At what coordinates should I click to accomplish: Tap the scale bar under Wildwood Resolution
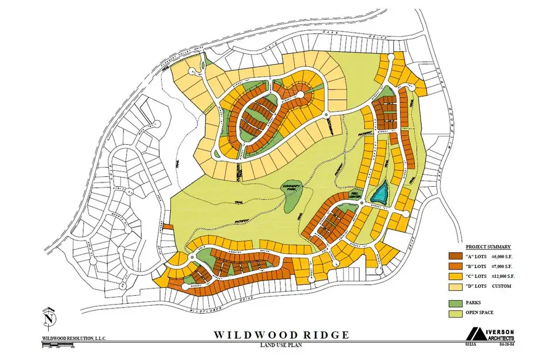[59, 346]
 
